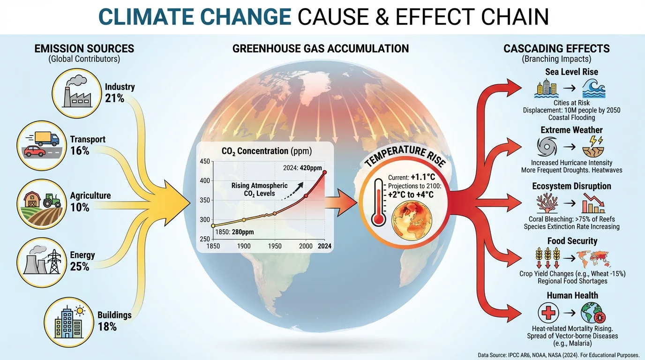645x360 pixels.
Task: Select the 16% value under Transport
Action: pos(80,151)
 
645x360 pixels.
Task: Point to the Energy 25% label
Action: pos(82,261)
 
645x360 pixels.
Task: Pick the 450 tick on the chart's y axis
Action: pos(205,162)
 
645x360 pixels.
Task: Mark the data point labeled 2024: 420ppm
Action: pos(325,172)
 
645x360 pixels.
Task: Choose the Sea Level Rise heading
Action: pos(571,72)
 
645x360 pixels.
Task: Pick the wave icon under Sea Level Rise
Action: pos(593,88)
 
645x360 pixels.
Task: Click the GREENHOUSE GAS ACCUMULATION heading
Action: pos(321,48)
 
